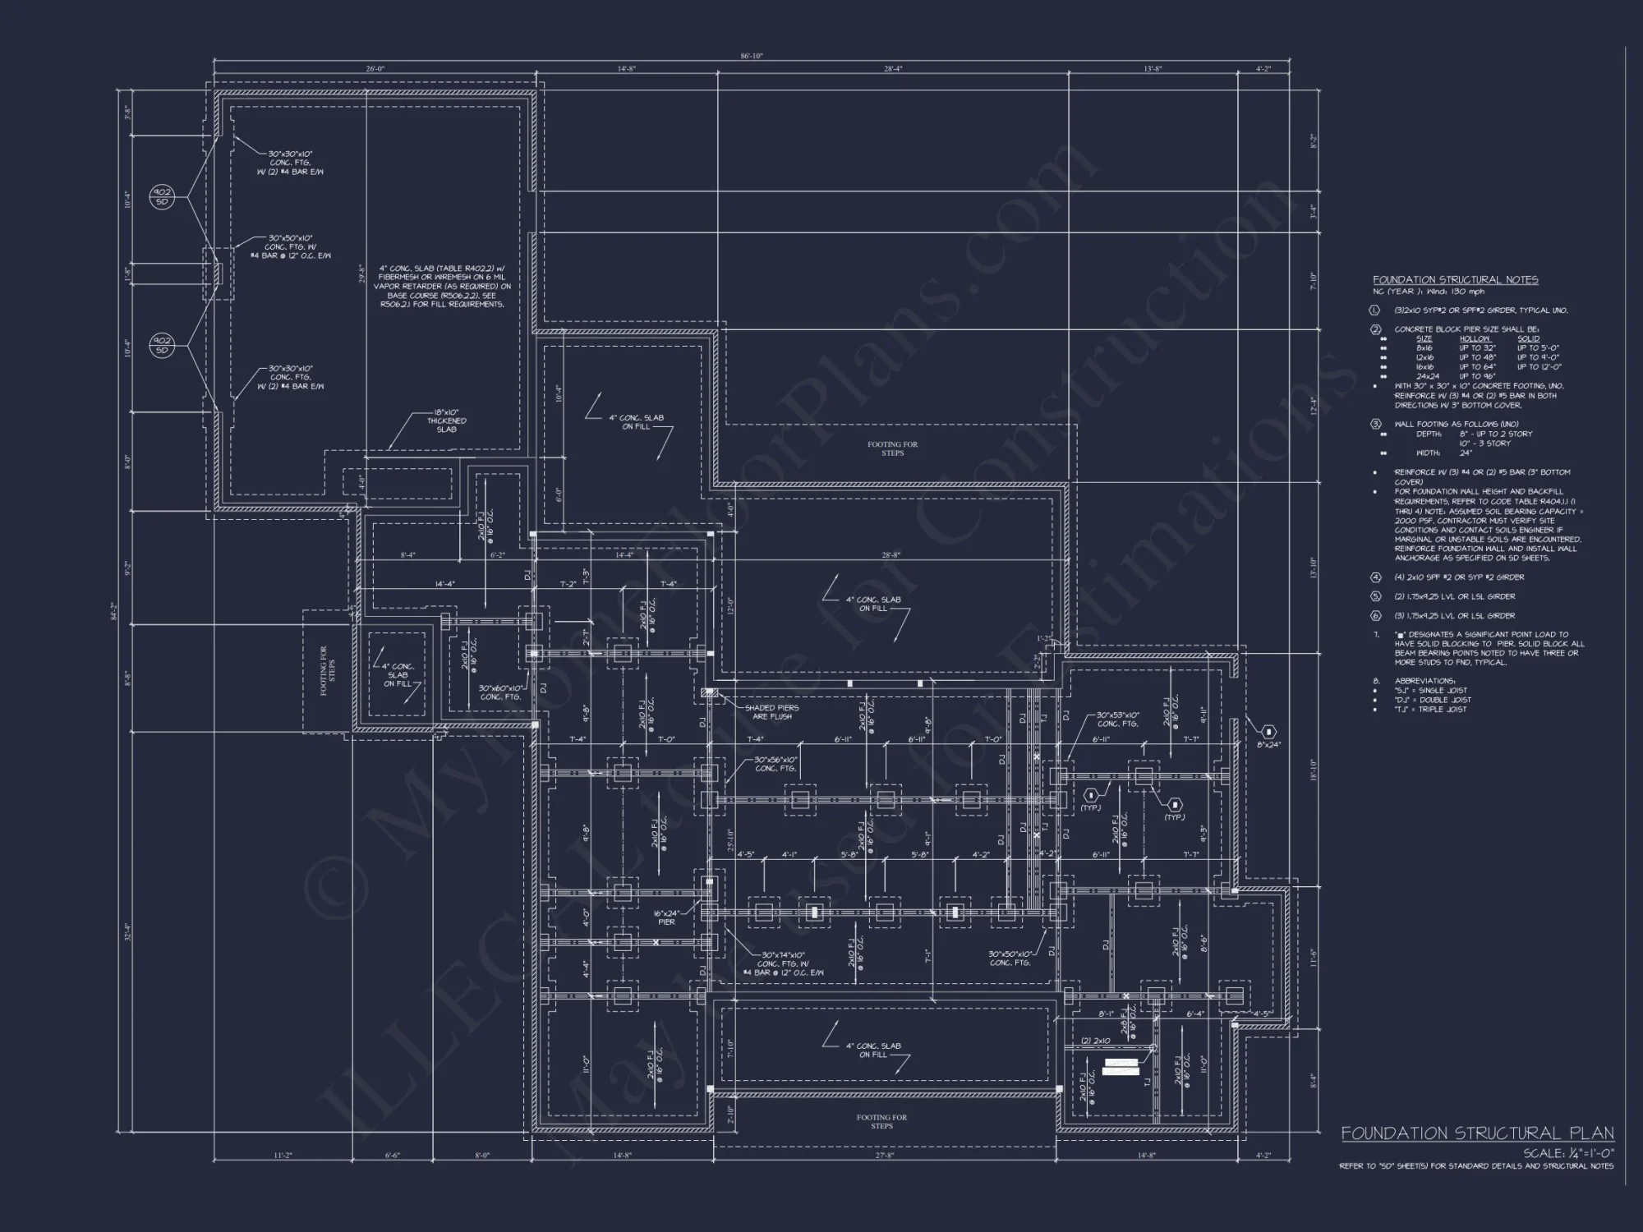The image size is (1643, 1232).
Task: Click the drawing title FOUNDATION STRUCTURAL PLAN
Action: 1477,1133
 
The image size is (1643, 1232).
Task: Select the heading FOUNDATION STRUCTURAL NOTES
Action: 1455,280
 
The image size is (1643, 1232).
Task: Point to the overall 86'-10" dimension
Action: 751,56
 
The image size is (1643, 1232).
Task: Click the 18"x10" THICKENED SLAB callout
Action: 446,421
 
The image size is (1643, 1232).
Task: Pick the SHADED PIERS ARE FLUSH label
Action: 771,712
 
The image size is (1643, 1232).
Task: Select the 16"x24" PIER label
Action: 666,917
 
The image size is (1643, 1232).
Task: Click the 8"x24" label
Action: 1268,744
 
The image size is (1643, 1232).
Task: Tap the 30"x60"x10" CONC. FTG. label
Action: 500,692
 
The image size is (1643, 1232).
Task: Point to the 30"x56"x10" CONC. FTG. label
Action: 776,764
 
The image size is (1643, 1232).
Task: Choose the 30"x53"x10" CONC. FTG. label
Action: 1118,719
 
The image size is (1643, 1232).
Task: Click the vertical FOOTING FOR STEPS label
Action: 326,670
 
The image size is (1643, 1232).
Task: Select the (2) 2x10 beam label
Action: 1095,1041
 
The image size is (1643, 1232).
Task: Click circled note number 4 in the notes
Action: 1376,577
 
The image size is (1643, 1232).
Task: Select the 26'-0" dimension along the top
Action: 375,69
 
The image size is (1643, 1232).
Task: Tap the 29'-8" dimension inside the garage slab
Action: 361,274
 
